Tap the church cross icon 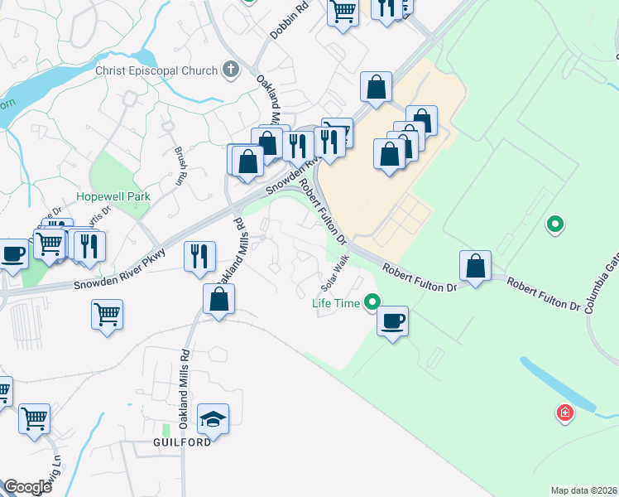click(231, 70)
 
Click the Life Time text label click(335, 303)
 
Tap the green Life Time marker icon click(373, 303)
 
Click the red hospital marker click(564, 413)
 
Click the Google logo click(26, 487)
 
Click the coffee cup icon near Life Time click(393, 320)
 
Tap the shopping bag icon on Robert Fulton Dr click(475, 267)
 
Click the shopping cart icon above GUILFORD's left click(108, 314)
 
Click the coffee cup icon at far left click(12, 253)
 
